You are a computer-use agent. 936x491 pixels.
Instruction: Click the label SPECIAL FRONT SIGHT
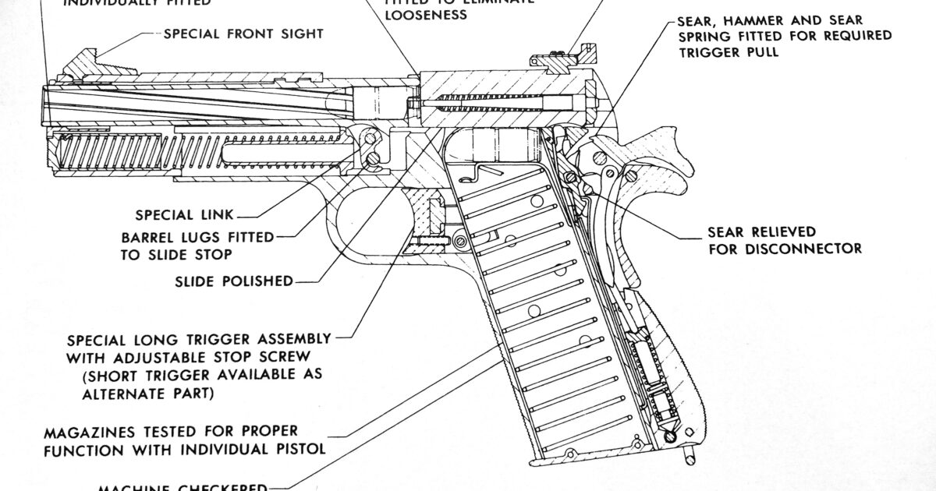(x=243, y=34)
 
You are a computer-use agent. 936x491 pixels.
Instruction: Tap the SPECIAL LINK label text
(x=185, y=215)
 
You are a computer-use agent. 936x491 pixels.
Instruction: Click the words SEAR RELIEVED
(x=761, y=232)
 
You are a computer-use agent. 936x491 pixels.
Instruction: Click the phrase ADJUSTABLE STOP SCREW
(x=227, y=357)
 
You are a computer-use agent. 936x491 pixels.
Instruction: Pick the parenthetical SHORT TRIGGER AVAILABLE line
(x=202, y=375)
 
